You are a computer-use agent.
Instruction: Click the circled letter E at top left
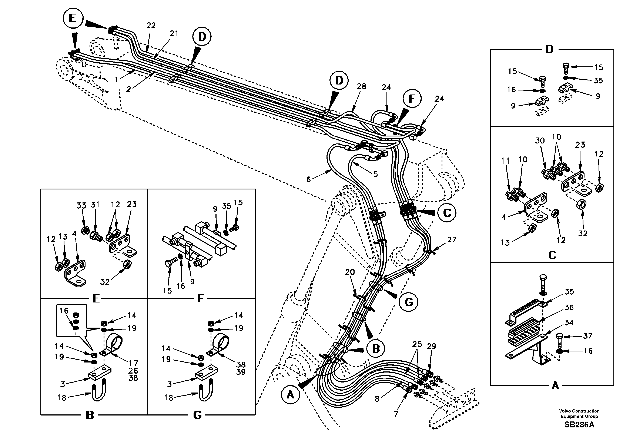[73, 18]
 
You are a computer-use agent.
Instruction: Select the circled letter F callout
[412, 99]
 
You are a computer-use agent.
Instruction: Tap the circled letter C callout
[447, 213]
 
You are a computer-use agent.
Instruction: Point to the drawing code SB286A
[579, 425]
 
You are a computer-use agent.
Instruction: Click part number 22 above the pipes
[151, 25]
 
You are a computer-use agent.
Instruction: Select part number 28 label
[361, 86]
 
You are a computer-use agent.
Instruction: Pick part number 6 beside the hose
[308, 179]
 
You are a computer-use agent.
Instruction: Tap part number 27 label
[452, 239]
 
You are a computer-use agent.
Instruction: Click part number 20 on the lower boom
[350, 272]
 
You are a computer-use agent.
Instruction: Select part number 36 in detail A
[569, 307]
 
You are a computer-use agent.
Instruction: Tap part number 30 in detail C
[540, 141]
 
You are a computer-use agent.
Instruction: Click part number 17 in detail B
[133, 363]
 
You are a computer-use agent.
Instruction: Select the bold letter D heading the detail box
[549, 50]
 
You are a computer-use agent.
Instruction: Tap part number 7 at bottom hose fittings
[396, 414]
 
